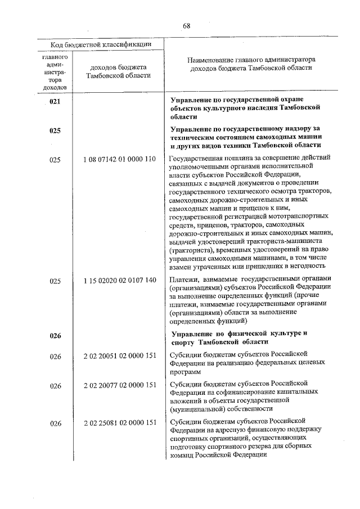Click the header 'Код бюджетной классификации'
(x=102, y=44)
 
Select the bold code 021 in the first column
(x=55, y=102)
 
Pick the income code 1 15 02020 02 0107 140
(x=119, y=280)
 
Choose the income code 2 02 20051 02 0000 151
(x=119, y=354)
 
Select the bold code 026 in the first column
(x=55, y=336)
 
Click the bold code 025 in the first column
(x=55, y=130)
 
